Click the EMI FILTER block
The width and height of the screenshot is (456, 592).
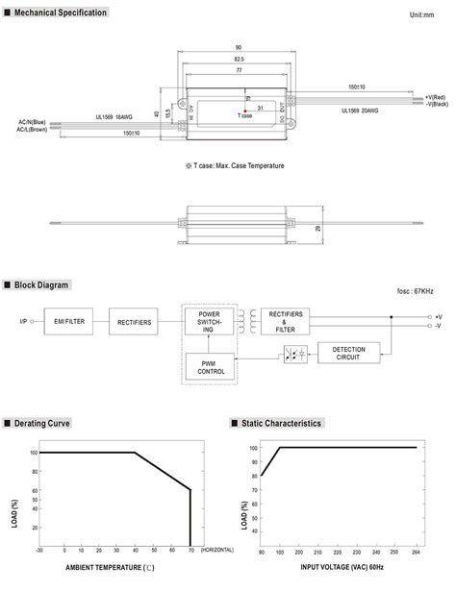69,323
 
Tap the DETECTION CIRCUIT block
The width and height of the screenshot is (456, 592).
348,353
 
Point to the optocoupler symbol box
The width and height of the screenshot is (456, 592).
295,354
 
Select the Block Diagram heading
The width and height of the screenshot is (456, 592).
43,284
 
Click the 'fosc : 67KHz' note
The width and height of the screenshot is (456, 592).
415,291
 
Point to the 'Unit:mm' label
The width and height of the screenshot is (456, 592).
422,15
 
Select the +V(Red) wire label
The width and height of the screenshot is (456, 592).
435,96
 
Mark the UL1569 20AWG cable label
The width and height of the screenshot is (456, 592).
359,110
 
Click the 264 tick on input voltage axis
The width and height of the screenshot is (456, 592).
417,554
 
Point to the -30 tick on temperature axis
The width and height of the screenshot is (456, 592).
38,551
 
